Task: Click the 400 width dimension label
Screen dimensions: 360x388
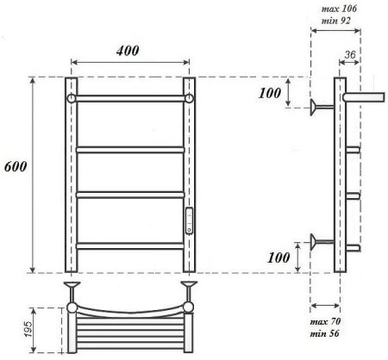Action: point(128,52)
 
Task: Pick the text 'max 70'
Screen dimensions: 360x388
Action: point(324,322)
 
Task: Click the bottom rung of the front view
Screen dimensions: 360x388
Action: point(129,245)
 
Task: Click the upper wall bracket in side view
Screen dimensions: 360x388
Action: point(322,107)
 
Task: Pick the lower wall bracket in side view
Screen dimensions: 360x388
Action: point(322,240)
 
